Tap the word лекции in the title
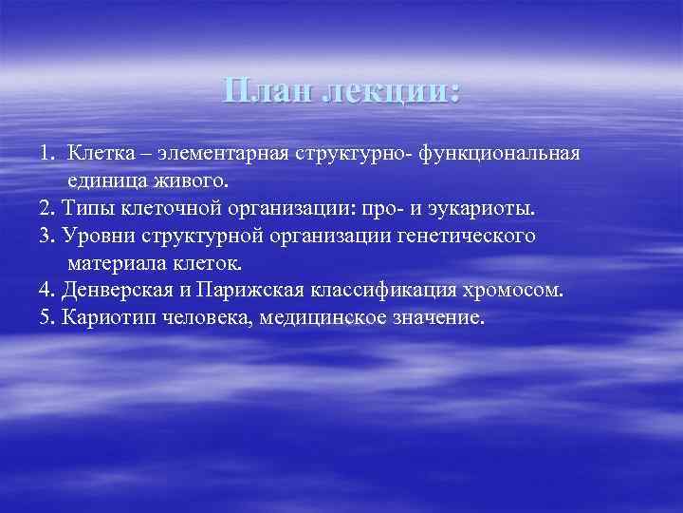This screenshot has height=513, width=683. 391,93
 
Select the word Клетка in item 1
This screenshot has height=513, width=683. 105,154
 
